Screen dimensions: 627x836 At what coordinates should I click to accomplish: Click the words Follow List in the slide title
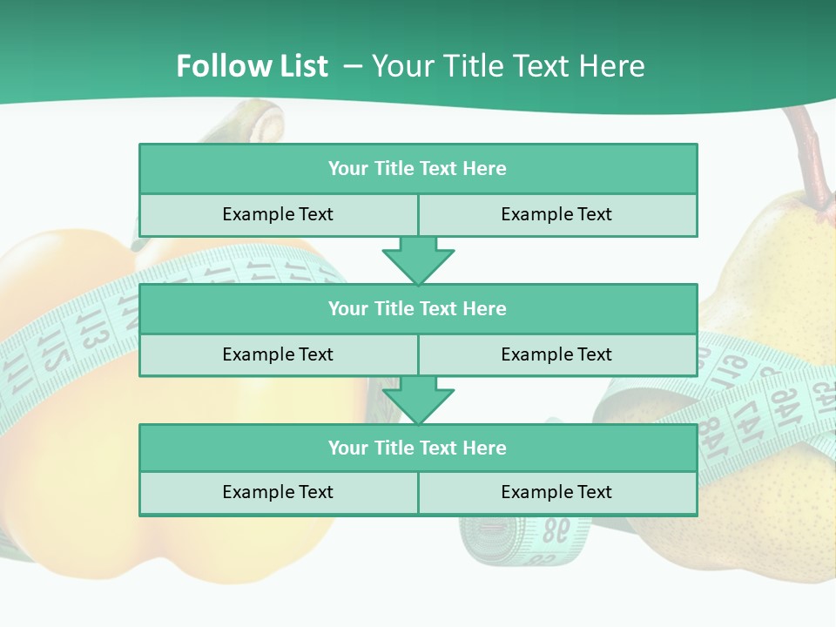point(252,66)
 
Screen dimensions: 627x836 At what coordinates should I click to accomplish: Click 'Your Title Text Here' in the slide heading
point(508,66)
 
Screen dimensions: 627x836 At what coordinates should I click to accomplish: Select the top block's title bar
point(418,168)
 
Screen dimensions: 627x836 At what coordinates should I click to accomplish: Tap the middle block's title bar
point(418,308)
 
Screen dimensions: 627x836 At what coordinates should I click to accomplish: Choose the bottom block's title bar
point(418,448)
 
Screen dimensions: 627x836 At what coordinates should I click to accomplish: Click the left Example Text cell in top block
point(278,214)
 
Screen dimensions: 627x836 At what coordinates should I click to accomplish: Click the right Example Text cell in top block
point(556,214)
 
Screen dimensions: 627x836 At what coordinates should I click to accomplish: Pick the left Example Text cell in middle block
point(278,354)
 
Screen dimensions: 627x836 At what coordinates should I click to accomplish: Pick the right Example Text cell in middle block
point(556,354)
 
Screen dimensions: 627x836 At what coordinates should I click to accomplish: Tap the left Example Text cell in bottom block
point(278,493)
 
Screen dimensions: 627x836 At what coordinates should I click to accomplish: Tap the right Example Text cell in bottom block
point(556,493)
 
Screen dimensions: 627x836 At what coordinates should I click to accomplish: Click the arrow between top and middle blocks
point(418,260)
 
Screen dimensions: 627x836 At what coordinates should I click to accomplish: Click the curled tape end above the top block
point(261,122)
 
